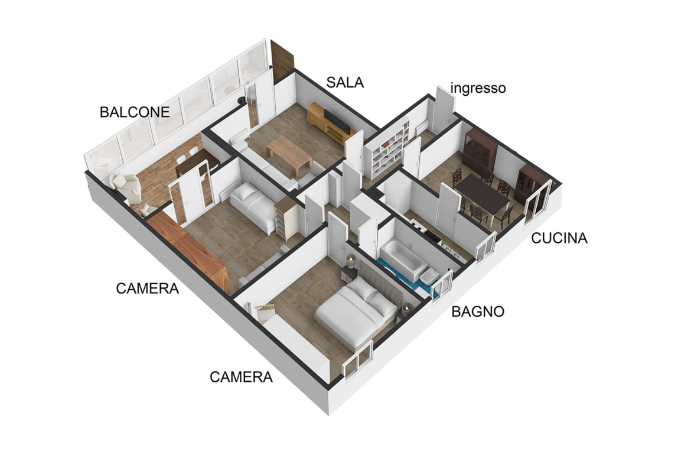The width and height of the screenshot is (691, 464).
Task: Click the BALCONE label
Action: point(135,112)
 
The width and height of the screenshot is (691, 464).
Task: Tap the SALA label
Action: point(345,83)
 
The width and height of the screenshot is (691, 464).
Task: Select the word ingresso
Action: point(478,88)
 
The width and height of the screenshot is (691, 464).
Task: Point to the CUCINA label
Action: point(559,238)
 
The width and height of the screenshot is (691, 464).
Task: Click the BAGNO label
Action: point(478,312)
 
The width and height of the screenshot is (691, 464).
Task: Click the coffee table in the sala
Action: point(289,154)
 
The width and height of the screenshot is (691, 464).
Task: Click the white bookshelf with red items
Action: point(384,152)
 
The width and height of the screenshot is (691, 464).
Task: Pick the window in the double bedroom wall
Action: point(358,360)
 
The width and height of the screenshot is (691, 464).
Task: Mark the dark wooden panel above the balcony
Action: point(282,60)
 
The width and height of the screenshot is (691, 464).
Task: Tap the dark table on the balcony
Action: point(197,163)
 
